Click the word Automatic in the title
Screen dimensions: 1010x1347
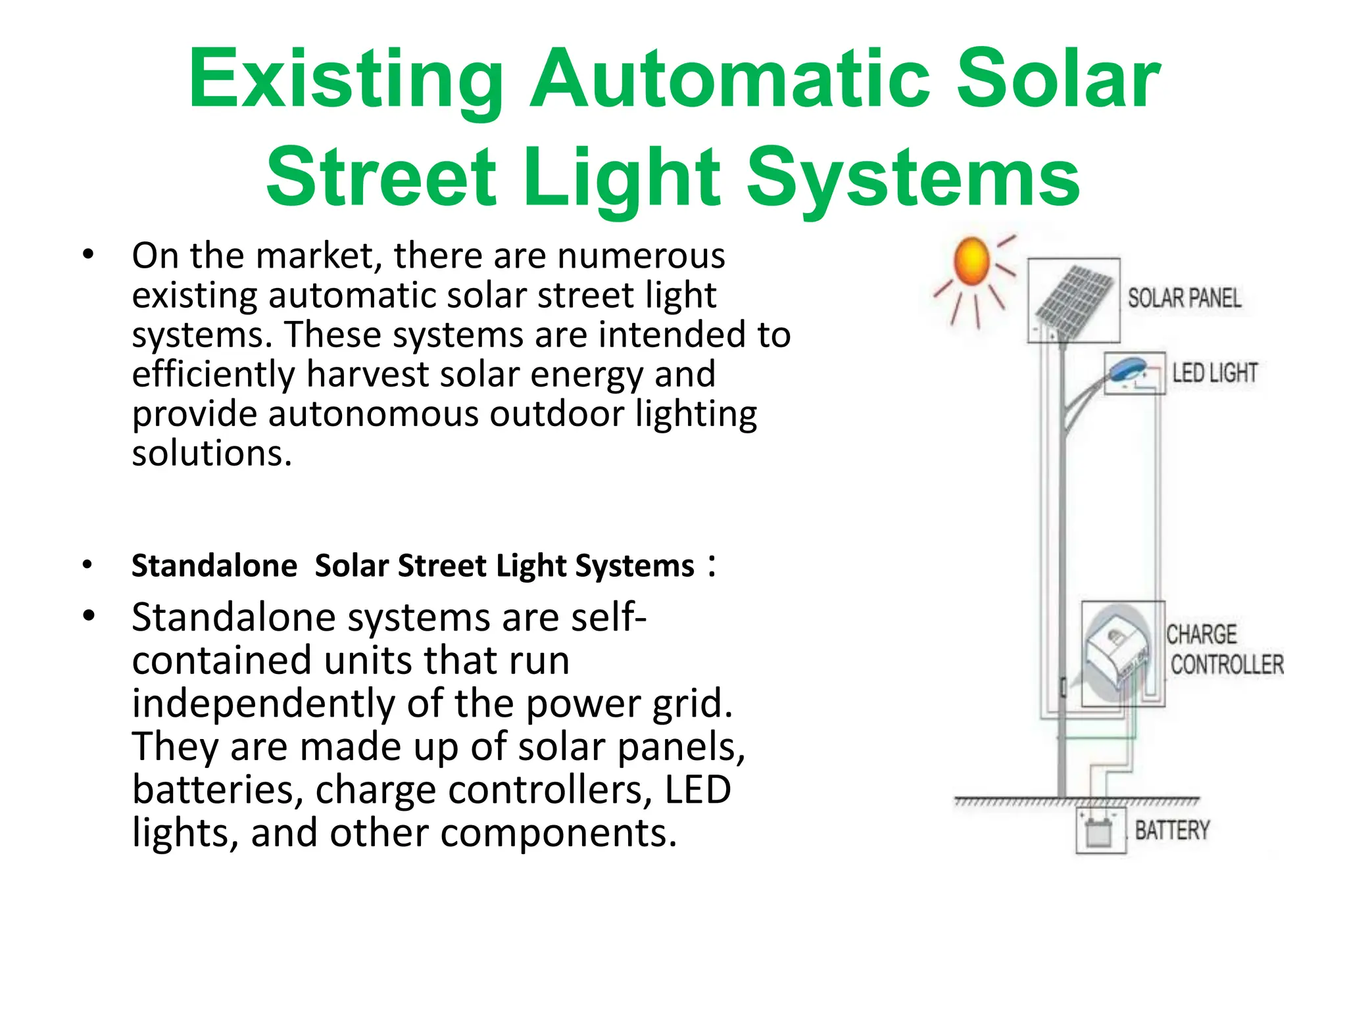click(731, 80)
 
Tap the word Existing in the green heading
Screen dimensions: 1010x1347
click(346, 80)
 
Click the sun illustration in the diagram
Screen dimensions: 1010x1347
click(971, 262)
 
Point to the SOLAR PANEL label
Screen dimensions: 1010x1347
click(1185, 299)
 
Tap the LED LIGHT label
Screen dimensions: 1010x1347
click(1214, 373)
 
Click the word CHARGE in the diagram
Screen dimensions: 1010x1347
click(1202, 635)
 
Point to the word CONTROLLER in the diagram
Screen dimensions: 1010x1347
click(1227, 665)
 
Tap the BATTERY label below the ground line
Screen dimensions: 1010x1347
click(1172, 830)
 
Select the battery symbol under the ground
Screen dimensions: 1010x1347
click(1099, 832)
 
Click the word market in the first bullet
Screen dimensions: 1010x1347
click(319, 256)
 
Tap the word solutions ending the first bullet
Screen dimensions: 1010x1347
click(211, 454)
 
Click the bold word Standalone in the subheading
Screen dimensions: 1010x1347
click(214, 566)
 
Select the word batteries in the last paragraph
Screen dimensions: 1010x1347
click(218, 790)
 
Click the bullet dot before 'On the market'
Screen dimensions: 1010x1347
click(88, 254)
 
